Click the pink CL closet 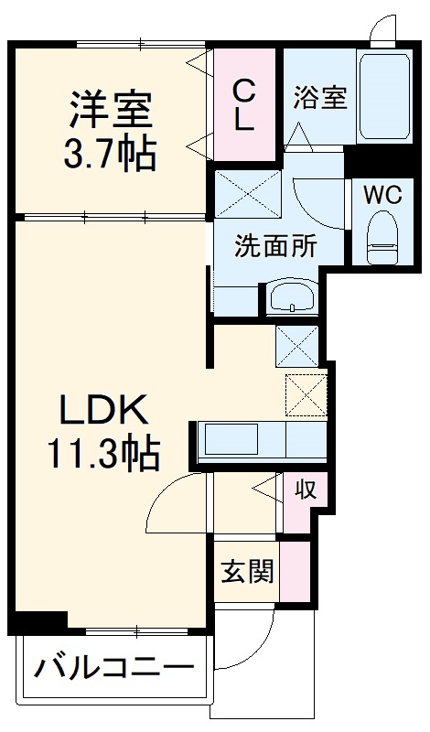244,105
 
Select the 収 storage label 305,490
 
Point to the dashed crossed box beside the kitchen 306,393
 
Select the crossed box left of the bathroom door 248,194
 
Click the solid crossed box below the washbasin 296,346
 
